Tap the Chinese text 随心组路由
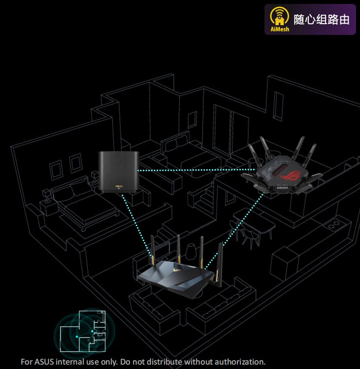point(322,20)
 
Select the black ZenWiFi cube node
point(118,172)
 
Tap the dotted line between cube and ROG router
point(192,170)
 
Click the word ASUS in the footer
point(47,362)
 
